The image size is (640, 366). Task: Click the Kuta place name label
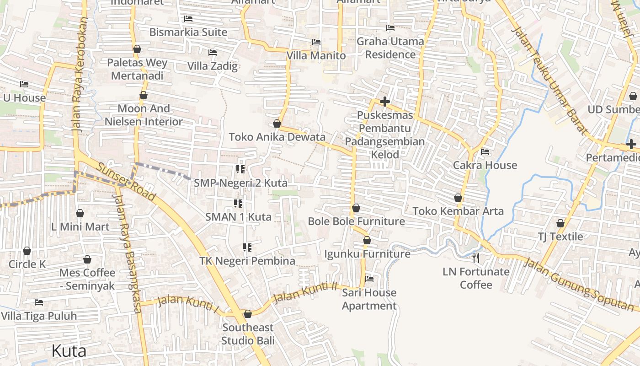[x=69, y=351]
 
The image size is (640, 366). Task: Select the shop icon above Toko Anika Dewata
[x=277, y=124]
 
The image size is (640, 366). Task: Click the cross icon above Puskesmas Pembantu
[x=385, y=102]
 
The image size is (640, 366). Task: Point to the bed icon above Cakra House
[x=485, y=152]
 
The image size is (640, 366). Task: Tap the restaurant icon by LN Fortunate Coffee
[x=476, y=258]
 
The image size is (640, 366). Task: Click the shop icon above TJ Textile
[x=560, y=223]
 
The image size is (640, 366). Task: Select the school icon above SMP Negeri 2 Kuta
[x=240, y=170]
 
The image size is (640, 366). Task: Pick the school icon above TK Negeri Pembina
[x=247, y=248]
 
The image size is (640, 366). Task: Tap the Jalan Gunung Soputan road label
[x=578, y=284]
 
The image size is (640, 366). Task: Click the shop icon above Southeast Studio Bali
[x=248, y=314]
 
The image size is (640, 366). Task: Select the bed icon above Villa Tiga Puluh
[x=39, y=302]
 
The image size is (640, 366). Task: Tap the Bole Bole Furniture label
[x=356, y=221]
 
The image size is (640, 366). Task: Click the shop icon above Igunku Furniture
[x=367, y=240]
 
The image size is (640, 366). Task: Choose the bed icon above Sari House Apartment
[x=369, y=279]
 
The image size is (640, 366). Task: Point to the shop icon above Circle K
[x=27, y=251]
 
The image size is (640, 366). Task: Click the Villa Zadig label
[x=213, y=66]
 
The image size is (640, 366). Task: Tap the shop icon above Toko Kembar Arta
[x=458, y=198]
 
